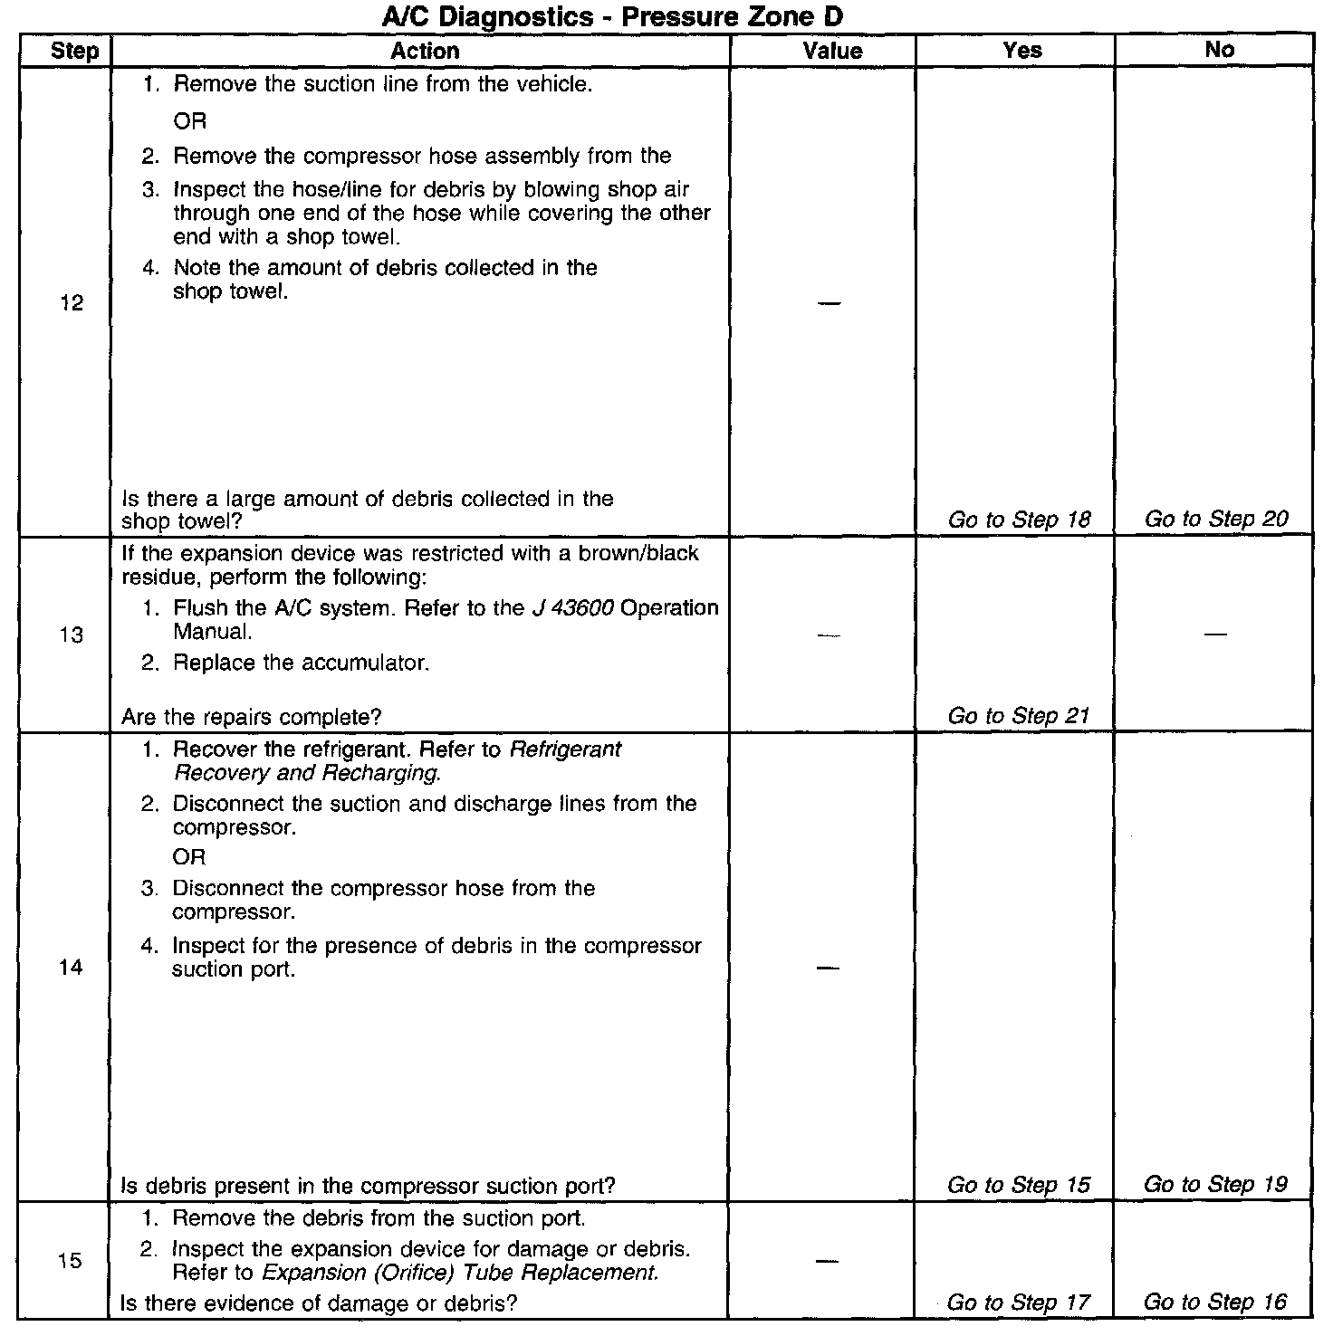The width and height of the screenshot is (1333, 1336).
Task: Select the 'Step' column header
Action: click(x=74, y=51)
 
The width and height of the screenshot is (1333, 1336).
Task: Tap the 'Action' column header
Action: click(x=425, y=51)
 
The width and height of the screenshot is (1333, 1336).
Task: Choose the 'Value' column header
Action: click(x=832, y=51)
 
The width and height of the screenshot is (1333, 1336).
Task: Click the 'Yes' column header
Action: click(x=1022, y=51)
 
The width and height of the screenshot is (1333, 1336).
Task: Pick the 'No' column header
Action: click(x=1219, y=50)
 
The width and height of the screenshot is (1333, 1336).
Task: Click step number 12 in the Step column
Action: click(x=72, y=303)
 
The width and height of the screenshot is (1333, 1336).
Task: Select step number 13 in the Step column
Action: click(x=72, y=635)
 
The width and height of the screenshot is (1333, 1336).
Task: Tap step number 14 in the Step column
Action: click(x=71, y=968)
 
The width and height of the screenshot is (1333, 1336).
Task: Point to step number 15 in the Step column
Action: click(x=71, y=1260)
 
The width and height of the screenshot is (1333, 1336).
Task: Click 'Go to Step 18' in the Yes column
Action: click(x=1019, y=520)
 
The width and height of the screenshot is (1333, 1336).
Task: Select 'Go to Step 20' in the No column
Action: click(x=1215, y=519)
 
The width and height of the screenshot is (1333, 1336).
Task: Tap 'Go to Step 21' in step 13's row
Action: click(x=1019, y=716)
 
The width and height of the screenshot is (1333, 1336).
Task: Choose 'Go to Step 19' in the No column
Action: click(x=1215, y=1184)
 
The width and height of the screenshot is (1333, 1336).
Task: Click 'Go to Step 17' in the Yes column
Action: click(x=1019, y=1303)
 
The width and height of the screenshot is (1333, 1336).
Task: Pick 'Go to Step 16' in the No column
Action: click(x=1215, y=1302)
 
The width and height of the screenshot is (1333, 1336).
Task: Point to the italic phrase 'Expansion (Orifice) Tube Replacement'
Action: click(x=459, y=1273)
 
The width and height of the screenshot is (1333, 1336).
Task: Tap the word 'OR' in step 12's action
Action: click(x=190, y=120)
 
